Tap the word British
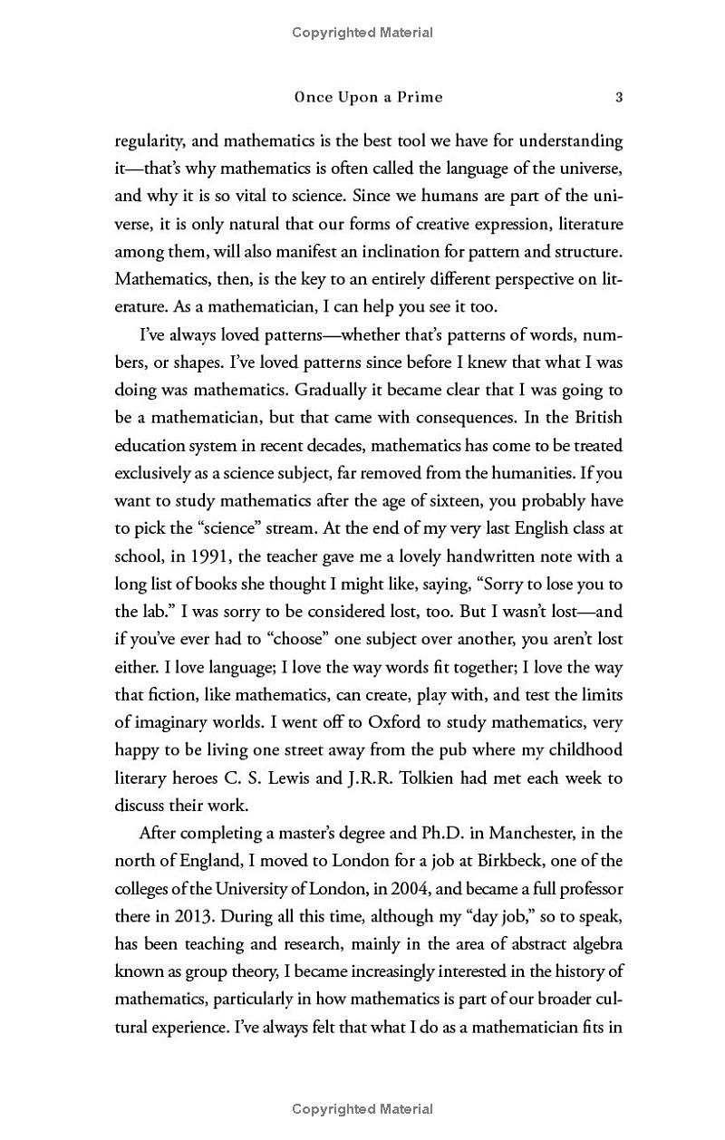597,418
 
